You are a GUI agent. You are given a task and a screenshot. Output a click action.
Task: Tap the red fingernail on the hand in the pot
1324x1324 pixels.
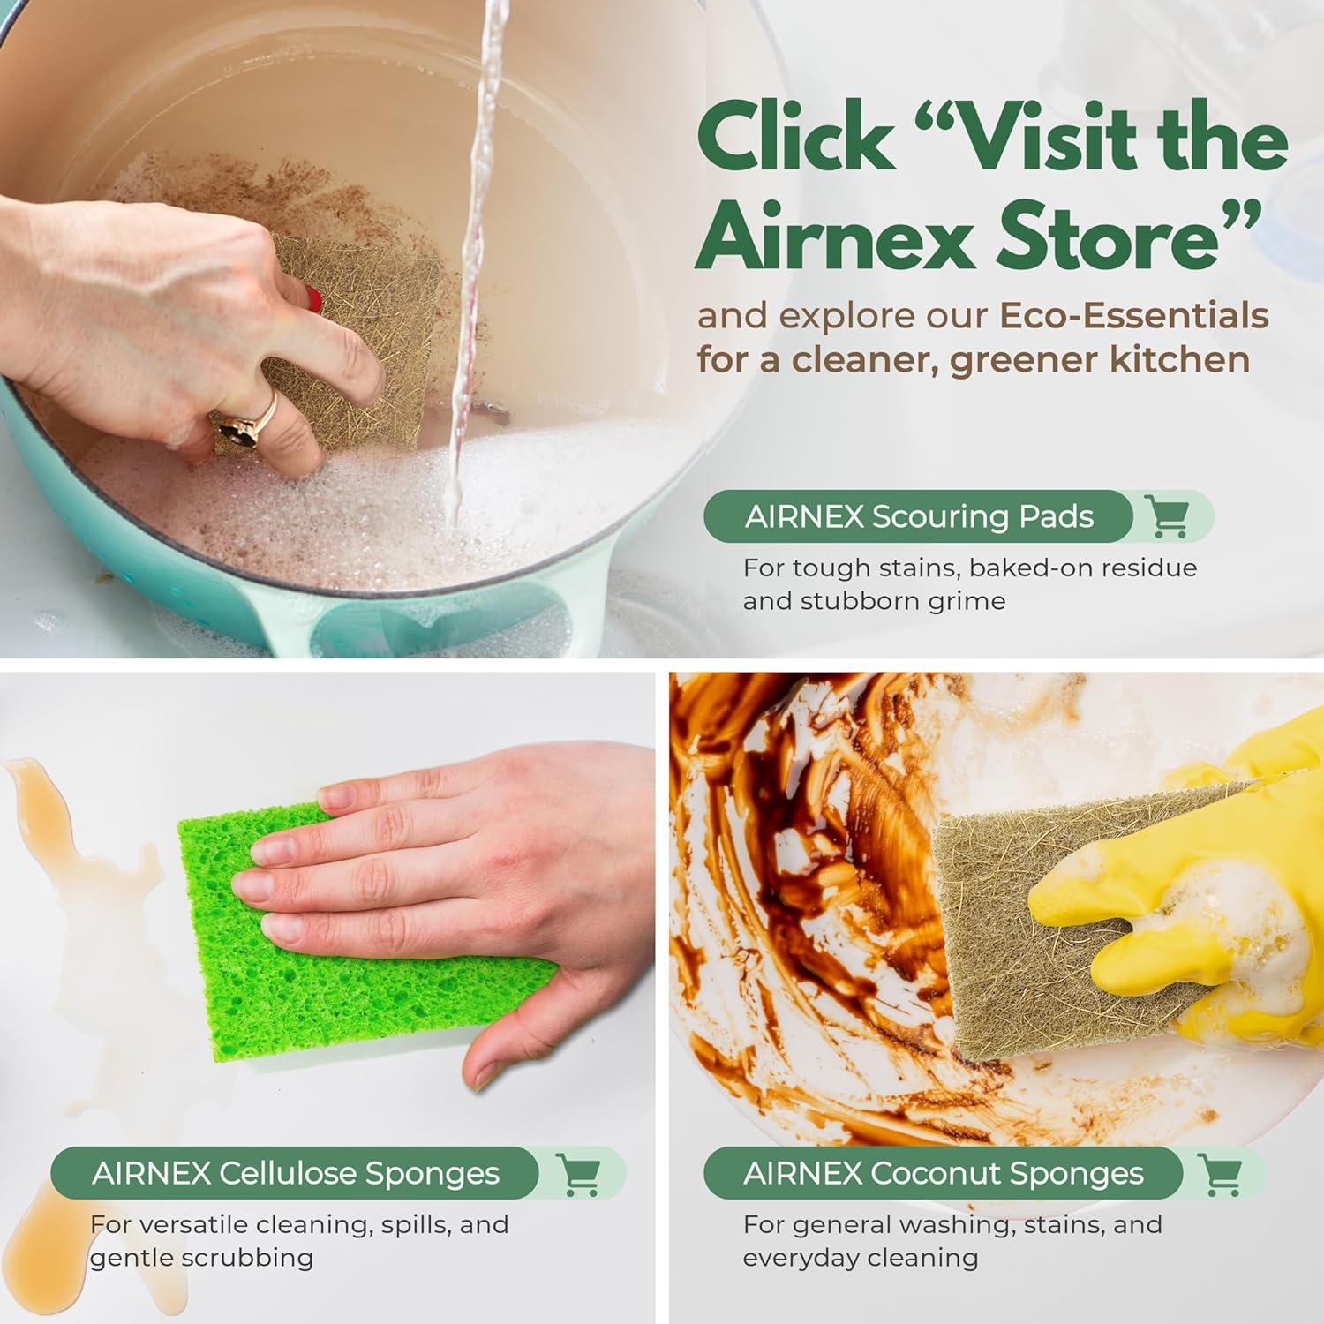click(x=314, y=298)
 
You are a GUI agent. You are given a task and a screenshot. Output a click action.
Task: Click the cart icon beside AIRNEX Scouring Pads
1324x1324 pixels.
click(x=1167, y=516)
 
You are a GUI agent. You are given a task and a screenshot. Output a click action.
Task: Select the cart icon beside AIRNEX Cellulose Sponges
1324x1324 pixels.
click(x=579, y=1174)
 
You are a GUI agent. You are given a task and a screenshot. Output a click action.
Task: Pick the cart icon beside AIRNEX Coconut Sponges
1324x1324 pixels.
click(x=1222, y=1174)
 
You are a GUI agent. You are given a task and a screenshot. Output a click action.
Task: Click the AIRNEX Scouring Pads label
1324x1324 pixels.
click(x=918, y=516)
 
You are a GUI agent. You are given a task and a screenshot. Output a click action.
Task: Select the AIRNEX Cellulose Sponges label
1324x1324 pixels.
click(x=295, y=1174)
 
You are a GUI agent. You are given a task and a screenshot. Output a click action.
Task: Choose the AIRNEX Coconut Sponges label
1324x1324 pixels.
click(x=943, y=1174)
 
